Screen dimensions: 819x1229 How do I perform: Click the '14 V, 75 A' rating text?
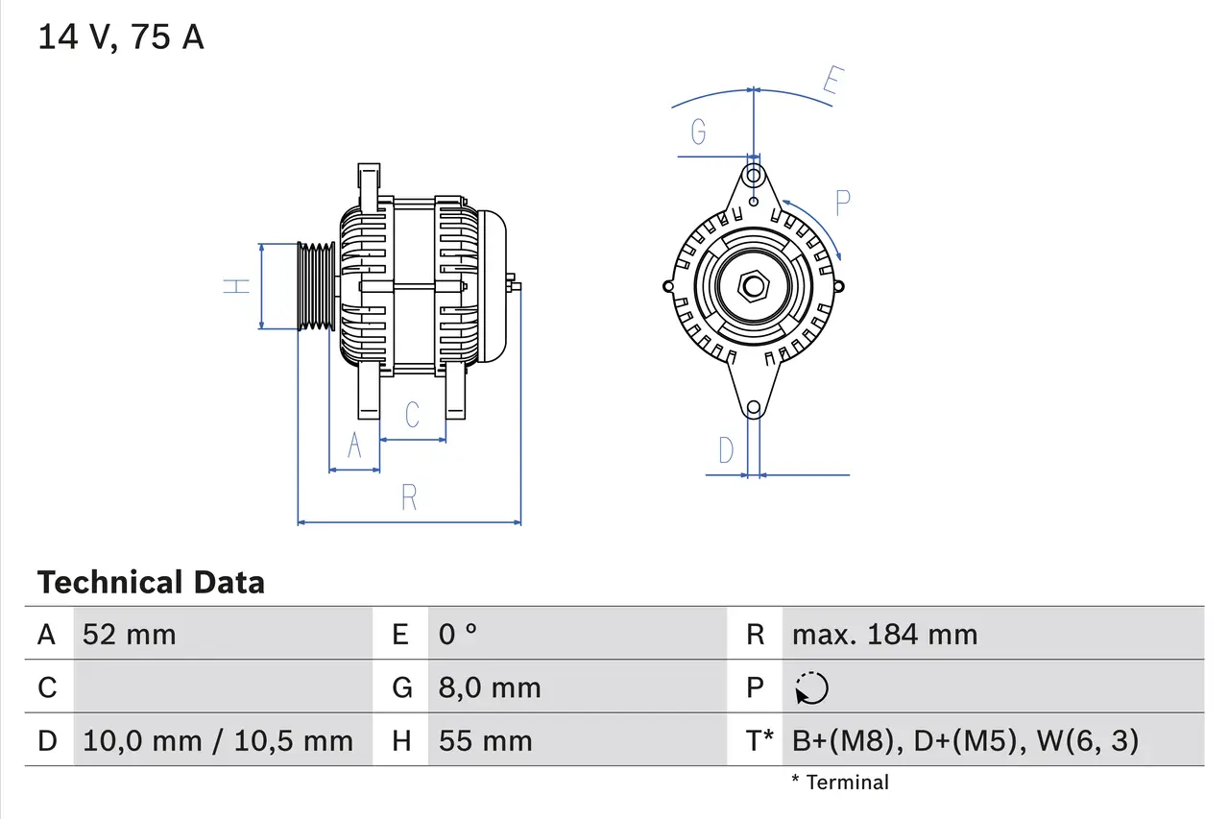pos(121,37)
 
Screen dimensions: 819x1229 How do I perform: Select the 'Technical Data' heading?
pos(151,583)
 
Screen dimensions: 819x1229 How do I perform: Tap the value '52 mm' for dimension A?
pos(130,634)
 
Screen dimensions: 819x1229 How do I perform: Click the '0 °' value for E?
pos(458,634)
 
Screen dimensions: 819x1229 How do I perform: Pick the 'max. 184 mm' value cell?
pos(884,634)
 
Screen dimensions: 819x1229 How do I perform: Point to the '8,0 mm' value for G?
pos(490,687)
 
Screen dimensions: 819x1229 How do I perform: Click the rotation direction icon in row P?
pos(812,688)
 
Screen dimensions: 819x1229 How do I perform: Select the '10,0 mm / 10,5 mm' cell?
pos(218,741)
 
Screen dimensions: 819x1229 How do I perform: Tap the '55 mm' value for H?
pos(485,741)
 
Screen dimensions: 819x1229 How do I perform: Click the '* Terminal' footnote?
pos(840,783)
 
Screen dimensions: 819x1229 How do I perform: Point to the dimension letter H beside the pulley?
pos(236,285)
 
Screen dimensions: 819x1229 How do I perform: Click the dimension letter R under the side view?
pos(409,497)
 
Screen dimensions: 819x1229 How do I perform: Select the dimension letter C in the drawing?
pos(412,415)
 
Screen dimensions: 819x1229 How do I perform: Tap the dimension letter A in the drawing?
pos(354,446)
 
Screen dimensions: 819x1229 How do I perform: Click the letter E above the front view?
pos(831,84)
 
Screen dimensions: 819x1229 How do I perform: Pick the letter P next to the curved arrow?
pos(842,204)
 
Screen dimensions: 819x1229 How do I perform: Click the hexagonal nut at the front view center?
pos(754,286)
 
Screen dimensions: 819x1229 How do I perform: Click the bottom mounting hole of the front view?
pos(754,408)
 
